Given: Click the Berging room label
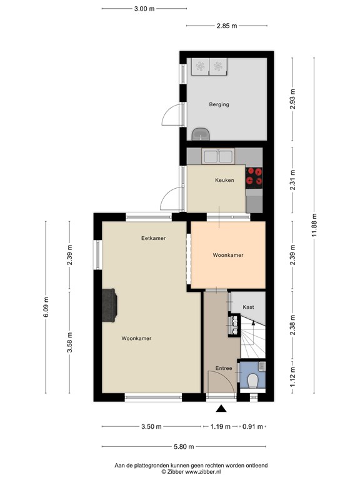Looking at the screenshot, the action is pyautogui.click(x=219, y=104).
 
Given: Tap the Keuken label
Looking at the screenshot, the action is pyautogui.click(x=224, y=180).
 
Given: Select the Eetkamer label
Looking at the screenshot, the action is pyautogui.click(x=153, y=238).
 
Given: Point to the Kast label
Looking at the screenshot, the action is pyautogui.click(x=248, y=307).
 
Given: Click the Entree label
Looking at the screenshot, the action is pyautogui.click(x=224, y=368).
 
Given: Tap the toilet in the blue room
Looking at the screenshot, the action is pyautogui.click(x=253, y=381).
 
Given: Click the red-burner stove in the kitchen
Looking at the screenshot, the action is pyautogui.click(x=254, y=178).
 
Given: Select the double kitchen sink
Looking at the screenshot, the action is pyautogui.click(x=218, y=156).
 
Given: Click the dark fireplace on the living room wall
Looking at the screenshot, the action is pyautogui.click(x=109, y=306).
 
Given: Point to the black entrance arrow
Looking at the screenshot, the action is pyautogui.click(x=221, y=408).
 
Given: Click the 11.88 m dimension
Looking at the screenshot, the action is pyautogui.click(x=314, y=225).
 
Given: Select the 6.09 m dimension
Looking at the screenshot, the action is pyautogui.click(x=46, y=307).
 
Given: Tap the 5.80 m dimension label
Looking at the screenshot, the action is pyautogui.click(x=184, y=447).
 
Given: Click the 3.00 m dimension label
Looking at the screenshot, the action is pyautogui.click(x=144, y=9).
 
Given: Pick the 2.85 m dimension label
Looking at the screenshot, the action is pyautogui.click(x=226, y=26).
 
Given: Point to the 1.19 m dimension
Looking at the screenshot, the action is pyautogui.click(x=220, y=426).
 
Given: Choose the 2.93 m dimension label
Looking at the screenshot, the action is pyautogui.click(x=292, y=99).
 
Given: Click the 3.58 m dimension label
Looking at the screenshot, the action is pyautogui.click(x=69, y=342).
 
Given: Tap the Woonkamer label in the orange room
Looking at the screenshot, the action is pyautogui.click(x=228, y=255).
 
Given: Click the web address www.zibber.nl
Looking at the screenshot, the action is pyautogui.click(x=202, y=472).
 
